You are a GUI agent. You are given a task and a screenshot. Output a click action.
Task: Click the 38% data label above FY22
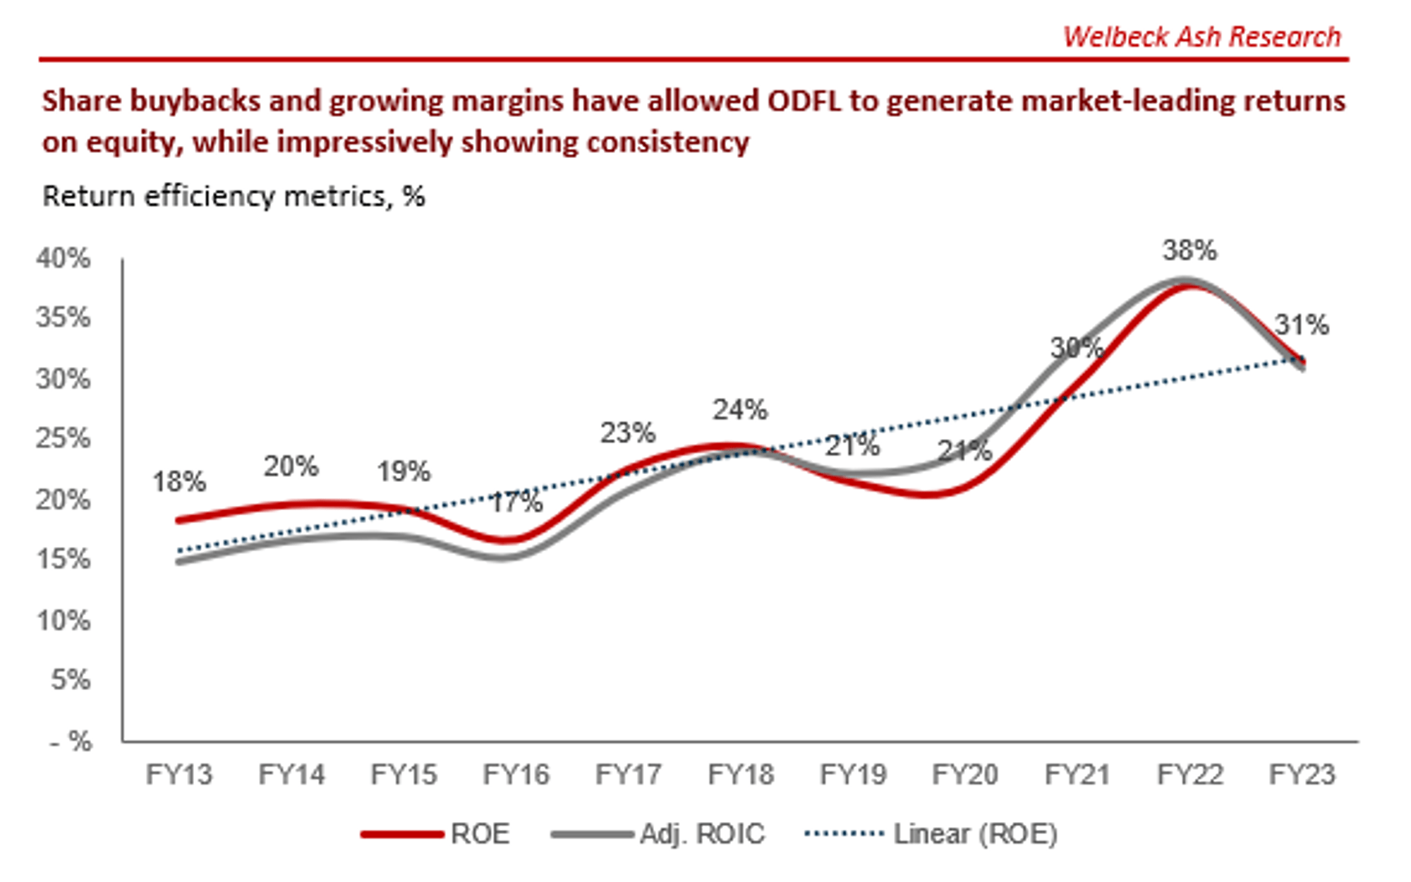pyautogui.click(x=1189, y=250)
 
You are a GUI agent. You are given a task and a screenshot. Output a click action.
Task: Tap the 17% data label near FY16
pyautogui.click(x=516, y=502)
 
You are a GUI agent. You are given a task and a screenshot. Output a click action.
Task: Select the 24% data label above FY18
pyautogui.click(x=739, y=410)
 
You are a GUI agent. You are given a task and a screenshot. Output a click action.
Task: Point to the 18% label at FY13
pyautogui.click(x=179, y=483)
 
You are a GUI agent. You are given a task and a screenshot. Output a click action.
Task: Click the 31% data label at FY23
pyautogui.click(x=1302, y=325)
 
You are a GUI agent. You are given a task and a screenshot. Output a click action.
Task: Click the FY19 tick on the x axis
pyautogui.click(x=852, y=775)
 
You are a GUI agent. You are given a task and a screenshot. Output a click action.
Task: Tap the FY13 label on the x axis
pyautogui.click(x=178, y=775)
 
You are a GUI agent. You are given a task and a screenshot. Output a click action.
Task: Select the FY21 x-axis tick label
pyautogui.click(x=1077, y=775)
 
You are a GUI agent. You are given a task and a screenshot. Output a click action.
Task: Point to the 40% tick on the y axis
pyautogui.click(x=63, y=258)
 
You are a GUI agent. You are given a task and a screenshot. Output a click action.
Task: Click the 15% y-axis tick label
pyautogui.click(x=63, y=560)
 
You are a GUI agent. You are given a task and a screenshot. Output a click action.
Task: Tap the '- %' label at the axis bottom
pyautogui.click(x=71, y=742)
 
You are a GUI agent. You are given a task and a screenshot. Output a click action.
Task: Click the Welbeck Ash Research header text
pyautogui.click(x=1201, y=37)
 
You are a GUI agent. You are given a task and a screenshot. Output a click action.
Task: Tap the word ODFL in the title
pyautogui.click(x=804, y=101)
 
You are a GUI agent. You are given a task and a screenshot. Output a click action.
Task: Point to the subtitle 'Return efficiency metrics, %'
pyautogui.click(x=234, y=196)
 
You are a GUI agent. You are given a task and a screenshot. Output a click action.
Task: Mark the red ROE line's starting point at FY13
pyautogui.click(x=179, y=521)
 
